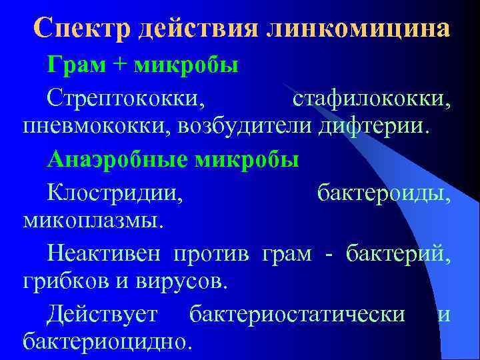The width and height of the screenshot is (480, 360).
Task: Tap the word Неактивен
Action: pos(106,253)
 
